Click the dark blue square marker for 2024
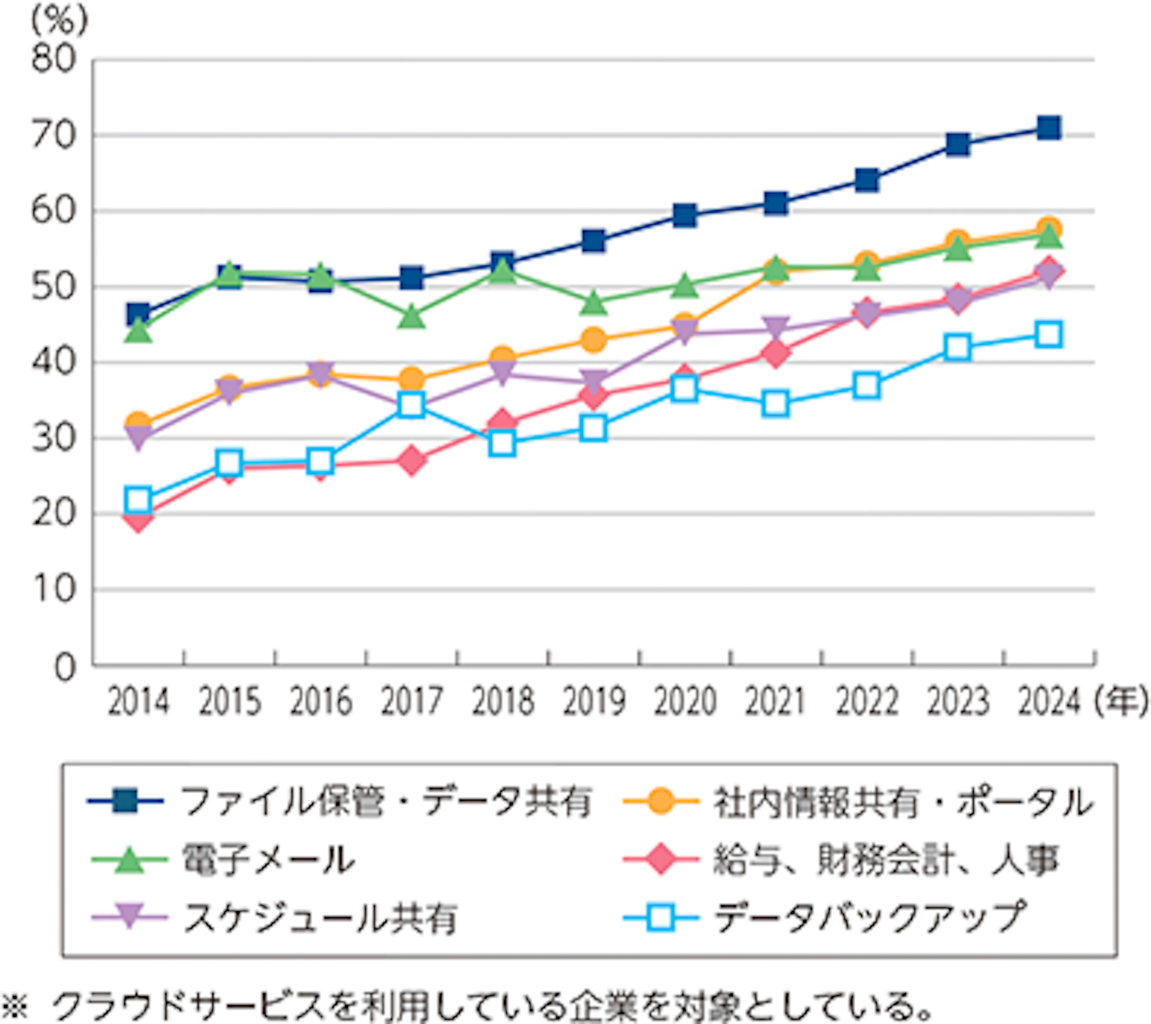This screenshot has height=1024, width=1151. [x=1049, y=128]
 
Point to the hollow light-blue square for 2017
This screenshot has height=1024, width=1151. [x=411, y=404]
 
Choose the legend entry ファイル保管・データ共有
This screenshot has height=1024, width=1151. [x=386, y=801]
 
